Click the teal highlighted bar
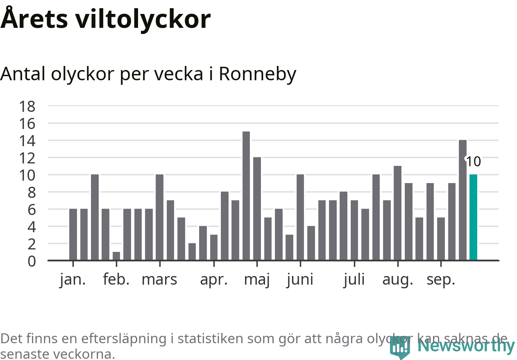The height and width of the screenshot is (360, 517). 473,217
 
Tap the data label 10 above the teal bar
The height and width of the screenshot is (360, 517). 474,162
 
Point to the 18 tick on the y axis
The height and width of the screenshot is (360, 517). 27,106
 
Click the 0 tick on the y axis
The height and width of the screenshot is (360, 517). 32,261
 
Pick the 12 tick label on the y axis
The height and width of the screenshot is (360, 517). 27,158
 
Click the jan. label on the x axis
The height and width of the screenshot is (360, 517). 73,280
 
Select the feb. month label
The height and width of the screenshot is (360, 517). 116,280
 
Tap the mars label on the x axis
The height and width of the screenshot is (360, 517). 159,280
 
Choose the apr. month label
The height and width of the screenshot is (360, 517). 213,280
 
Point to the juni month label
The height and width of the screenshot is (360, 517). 300,280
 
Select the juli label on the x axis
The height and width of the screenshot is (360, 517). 354,280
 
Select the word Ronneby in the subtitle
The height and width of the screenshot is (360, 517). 257,74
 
